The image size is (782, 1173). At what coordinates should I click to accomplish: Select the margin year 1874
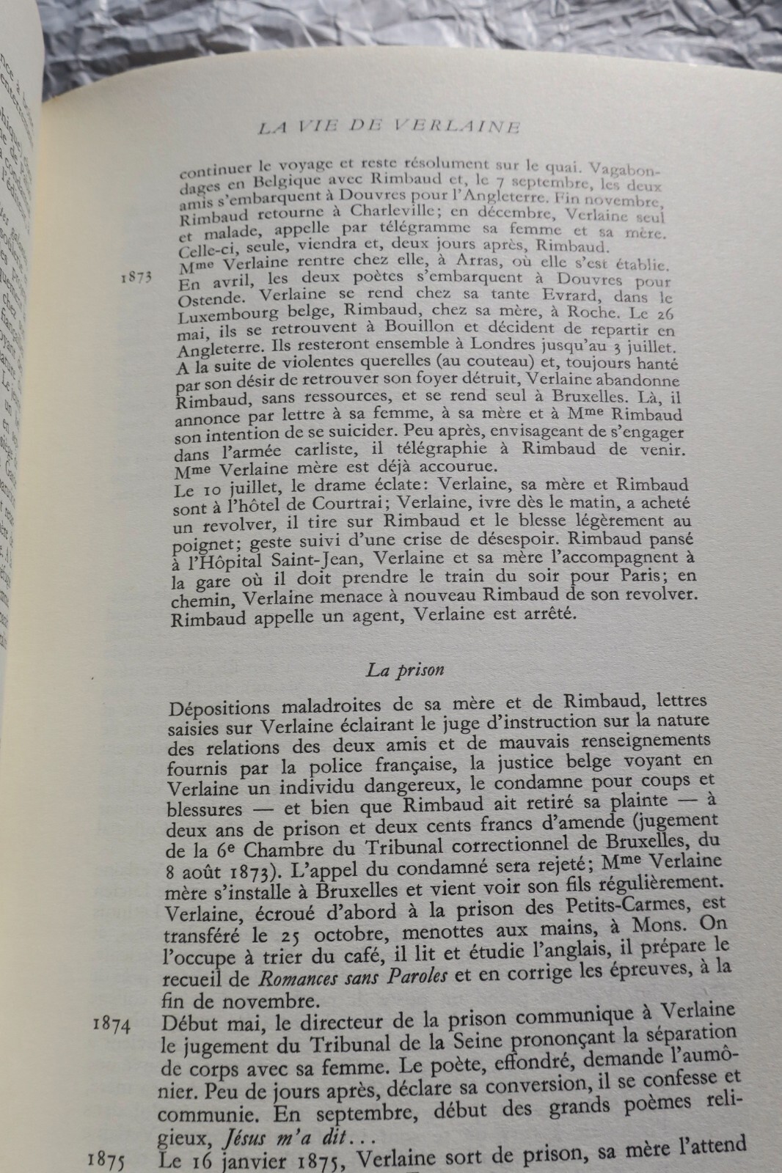click(112, 1026)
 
